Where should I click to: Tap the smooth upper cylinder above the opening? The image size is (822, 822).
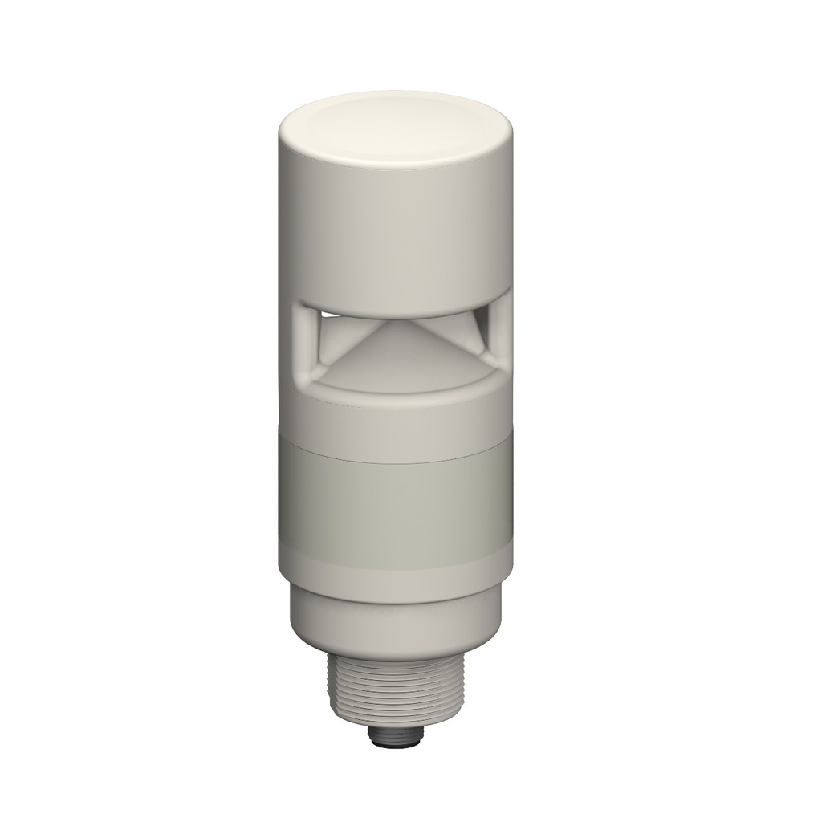tap(397, 233)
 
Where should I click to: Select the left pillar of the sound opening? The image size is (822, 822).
tap(302, 337)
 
